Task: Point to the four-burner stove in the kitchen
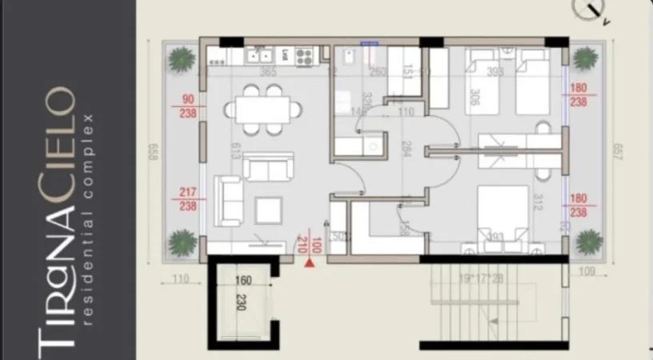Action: point(304,56)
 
